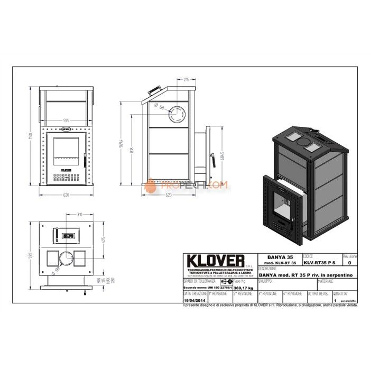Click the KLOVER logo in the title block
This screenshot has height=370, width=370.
click(x=213, y=261)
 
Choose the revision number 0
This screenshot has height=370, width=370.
click(x=347, y=262)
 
